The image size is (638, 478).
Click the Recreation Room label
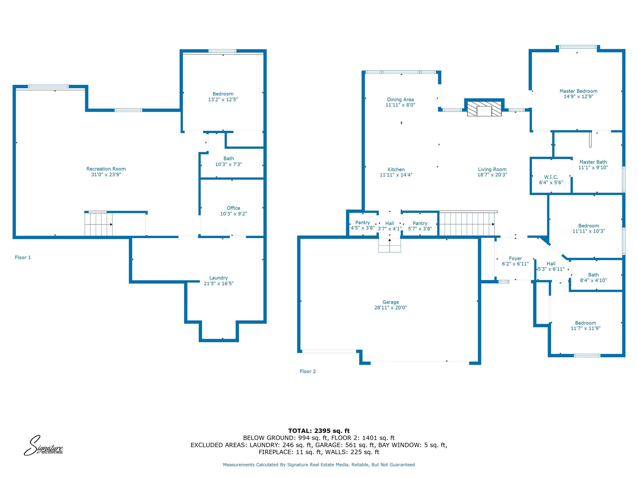(x=106, y=169)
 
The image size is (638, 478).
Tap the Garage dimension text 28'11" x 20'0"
(x=391, y=307)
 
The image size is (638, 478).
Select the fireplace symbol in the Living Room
(x=484, y=109)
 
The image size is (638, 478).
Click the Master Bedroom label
(x=578, y=91)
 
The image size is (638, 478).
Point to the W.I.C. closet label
(x=551, y=177)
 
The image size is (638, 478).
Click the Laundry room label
(x=218, y=278)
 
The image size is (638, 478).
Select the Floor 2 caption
(x=308, y=371)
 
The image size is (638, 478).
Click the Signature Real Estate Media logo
(x=43, y=445)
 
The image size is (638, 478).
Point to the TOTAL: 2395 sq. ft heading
(x=319, y=431)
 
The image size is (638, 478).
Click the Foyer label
(x=515, y=258)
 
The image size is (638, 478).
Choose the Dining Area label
(x=400, y=99)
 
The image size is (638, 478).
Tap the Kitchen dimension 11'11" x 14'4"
(x=396, y=175)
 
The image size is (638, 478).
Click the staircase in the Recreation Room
(x=98, y=224)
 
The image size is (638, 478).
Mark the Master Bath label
(x=593, y=162)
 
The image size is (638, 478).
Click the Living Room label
(x=492, y=170)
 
